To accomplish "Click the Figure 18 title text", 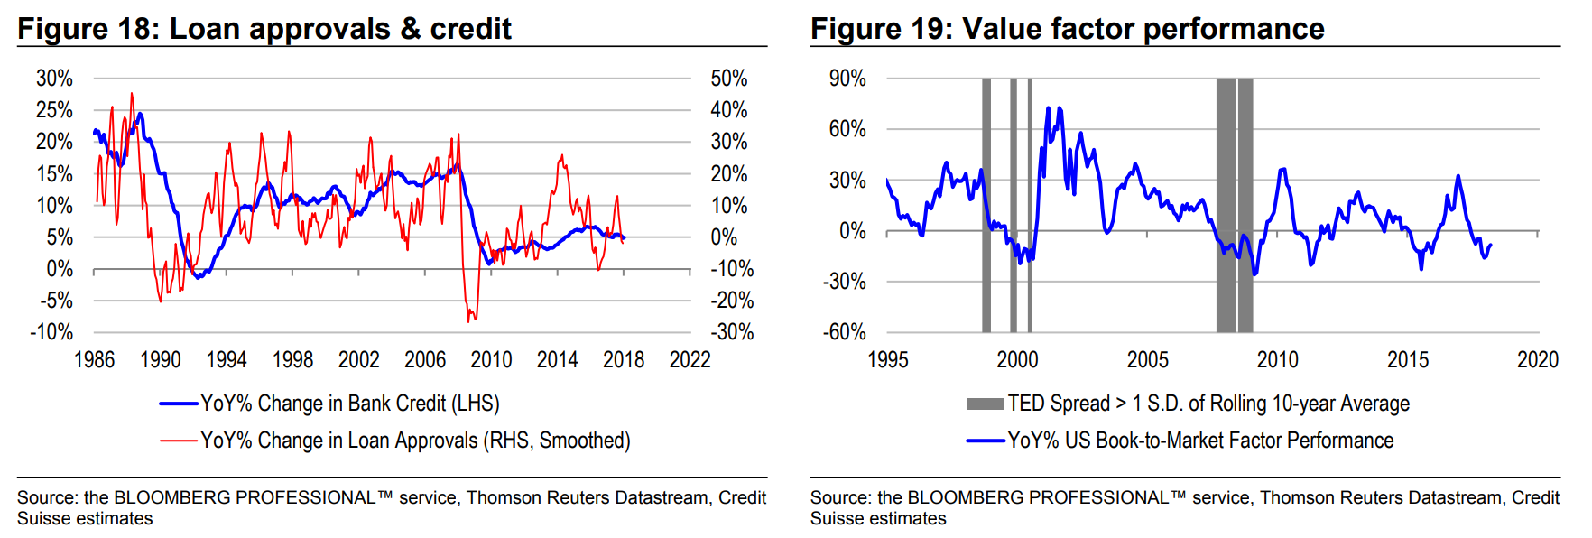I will click(x=264, y=29).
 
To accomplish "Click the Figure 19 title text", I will click(x=1067, y=29).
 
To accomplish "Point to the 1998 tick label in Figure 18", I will click(x=292, y=360).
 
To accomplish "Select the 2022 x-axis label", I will click(x=690, y=360).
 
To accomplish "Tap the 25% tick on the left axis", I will click(x=54, y=110).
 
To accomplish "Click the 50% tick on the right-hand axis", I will click(x=729, y=79).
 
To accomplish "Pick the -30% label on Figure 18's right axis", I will click(x=732, y=332).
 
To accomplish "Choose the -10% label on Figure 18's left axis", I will click(x=51, y=332).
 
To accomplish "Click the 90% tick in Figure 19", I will click(x=847, y=79).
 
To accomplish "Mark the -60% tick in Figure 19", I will click(x=845, y=332).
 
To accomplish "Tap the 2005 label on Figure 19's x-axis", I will click(x=1147, y=360).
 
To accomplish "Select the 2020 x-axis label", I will click(x=1538, y=360).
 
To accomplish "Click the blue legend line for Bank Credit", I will click(x=178, y=403).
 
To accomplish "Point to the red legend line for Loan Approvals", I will click(x=178, y=441).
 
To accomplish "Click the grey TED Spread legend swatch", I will click(x=985, y=403).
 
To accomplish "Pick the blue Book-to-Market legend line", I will click(x=985, y=441).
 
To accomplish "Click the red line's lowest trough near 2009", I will click(x=468, y=321).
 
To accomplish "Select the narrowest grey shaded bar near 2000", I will click(x=1030, y=205).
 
